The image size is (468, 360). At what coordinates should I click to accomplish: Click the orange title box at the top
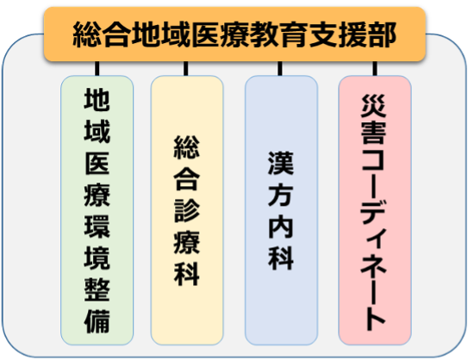[234, 34]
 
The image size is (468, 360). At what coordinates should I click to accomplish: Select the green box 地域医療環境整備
[97, 210]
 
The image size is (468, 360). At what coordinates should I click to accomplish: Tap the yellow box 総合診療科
[187, 210]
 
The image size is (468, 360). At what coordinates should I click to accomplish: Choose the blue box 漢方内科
[281, 210]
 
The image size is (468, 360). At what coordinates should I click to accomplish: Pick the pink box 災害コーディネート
[375, 210]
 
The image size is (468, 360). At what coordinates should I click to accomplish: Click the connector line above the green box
[97, 69]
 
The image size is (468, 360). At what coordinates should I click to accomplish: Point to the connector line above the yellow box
[186, 69]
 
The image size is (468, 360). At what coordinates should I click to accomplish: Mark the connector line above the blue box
[279, 69]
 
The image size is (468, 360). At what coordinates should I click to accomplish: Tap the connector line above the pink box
[375, 69]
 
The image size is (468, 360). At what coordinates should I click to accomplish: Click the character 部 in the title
[383, 34]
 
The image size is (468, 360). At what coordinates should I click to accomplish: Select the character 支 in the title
[323, 34]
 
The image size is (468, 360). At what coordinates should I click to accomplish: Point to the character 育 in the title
[294, 34]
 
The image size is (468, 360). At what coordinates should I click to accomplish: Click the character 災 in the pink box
[374, 106]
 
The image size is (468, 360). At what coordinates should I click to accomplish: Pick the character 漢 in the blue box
[281, 163]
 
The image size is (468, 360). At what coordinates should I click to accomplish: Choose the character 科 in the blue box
[281, 258]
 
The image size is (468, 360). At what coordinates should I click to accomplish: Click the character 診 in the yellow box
[187, 210]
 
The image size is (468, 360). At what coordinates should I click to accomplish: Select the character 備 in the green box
[97, 321]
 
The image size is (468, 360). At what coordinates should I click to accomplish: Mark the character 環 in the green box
[97, 227]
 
